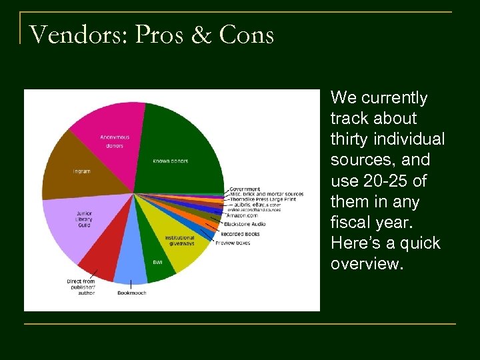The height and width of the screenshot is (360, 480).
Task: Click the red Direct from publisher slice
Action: tap(100, 257)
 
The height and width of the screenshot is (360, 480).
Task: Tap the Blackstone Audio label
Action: tap(245, 224)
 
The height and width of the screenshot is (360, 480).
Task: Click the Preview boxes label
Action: tap(233, 243)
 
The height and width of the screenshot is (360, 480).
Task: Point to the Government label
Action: tap(245, 189)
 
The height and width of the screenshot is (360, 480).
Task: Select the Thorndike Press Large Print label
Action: tap(266, 199)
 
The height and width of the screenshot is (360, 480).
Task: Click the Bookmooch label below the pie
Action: tap(131, 293)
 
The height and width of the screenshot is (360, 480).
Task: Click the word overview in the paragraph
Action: tap(365, 263)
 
